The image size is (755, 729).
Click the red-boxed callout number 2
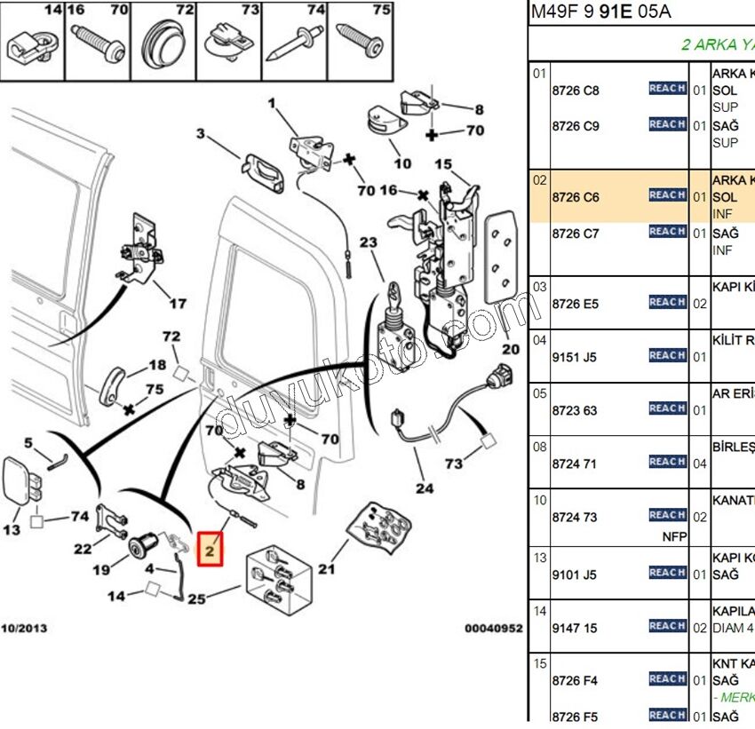[211, 551]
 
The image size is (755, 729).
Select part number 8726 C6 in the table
[575, 197]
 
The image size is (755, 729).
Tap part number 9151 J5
[575, 357]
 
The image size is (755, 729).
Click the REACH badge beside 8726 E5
[667, 303]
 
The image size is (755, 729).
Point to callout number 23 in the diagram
[369, 242]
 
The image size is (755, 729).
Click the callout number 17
[178, 304]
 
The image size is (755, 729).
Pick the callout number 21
[327, 569]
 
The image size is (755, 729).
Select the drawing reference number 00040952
[493, 629]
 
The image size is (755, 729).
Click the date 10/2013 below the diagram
[24, 629]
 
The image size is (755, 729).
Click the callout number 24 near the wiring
[424, 487]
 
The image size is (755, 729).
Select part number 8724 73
[575, 517]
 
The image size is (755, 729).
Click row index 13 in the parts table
[539, 558]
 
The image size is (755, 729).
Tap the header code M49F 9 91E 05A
[600, 12]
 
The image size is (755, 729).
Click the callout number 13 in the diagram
[12, 530]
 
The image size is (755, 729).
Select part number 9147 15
[575, 628]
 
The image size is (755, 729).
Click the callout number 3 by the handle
[201, 134]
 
